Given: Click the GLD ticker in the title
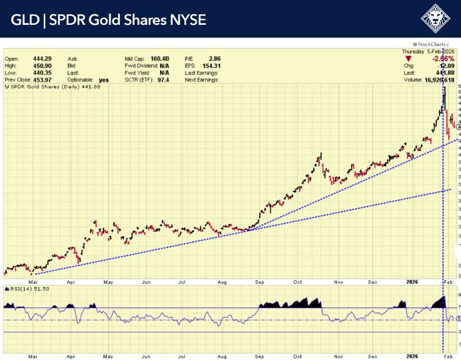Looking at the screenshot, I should pyautogui.click(x=24, y=20).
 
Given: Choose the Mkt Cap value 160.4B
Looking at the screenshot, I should pyautogui.click(x=160, y=59).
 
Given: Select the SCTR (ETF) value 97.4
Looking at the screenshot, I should pyautogui.click(x=160, y=80).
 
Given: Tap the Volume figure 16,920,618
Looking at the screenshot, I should pyautogui.click(x=436, y=79).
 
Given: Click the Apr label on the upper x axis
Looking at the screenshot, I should pyautogui.click(x=71, y=283).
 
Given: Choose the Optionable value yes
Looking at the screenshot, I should pyautogui.click(x=104, y=80).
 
